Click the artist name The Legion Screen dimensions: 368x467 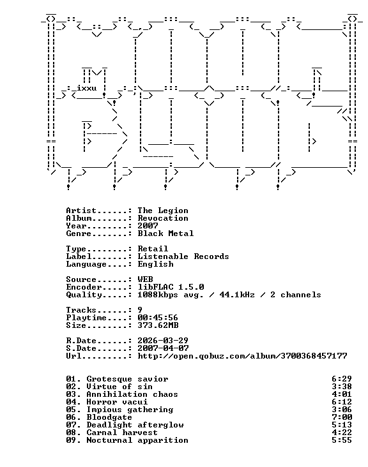pos(163,211)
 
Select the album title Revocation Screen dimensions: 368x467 pos(163,218)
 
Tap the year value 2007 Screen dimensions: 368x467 pos(148,226)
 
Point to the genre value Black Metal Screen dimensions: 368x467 pos(165,233)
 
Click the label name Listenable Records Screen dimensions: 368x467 pos(183,256)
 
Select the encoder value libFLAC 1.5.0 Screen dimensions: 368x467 pos(171,287)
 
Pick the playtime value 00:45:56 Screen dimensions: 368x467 pos(158,318)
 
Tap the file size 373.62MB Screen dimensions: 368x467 pos(158,325)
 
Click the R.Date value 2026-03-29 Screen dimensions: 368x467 pos(163,341)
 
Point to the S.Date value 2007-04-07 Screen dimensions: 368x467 pos(163,348)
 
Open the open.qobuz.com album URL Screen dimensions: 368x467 pos(242,356)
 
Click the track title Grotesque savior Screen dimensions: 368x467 pos(127,379)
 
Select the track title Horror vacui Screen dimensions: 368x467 pos(117,402)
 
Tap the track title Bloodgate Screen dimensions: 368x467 pos(109,417)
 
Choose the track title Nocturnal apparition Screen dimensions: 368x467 pos(137,440)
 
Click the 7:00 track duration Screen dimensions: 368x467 pos(342,417)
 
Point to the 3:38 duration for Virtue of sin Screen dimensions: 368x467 pos(342,387)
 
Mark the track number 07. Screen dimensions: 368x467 pos(72,425)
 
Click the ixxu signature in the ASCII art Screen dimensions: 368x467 pos(86,89)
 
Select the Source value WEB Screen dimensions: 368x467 pos(145,279)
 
